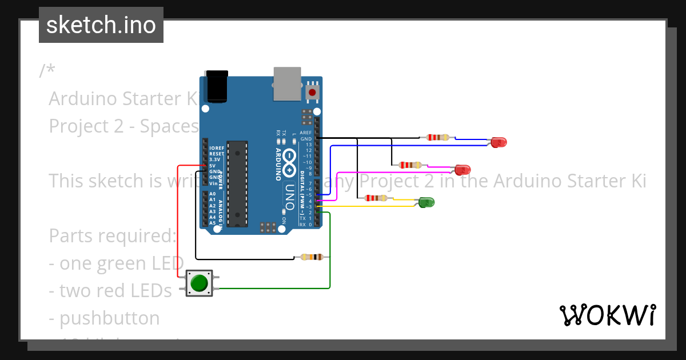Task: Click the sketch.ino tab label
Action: tap(101, 25)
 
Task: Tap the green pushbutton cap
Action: tap(199, 283)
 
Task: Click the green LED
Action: tap(426, 202)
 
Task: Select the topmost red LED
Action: tap(498, 142)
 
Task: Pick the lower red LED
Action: tap(462, 169)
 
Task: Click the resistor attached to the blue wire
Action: tap(437, 137)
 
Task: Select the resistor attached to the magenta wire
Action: tap(410, 165)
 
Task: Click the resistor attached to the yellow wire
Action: tap(375, 198)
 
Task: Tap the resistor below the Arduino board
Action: tap(311, 257)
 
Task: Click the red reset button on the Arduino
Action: tap(312, 91)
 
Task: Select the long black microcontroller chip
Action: tap(236, 183)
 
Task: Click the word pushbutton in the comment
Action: tap(109, 318)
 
